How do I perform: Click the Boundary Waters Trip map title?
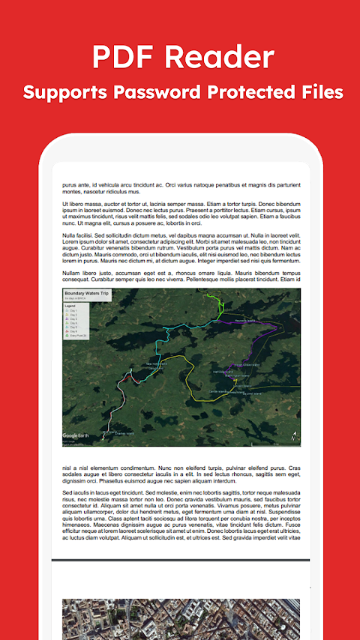(86, 293)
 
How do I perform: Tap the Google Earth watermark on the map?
(76, 435)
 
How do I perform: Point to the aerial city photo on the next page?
(180, 619)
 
